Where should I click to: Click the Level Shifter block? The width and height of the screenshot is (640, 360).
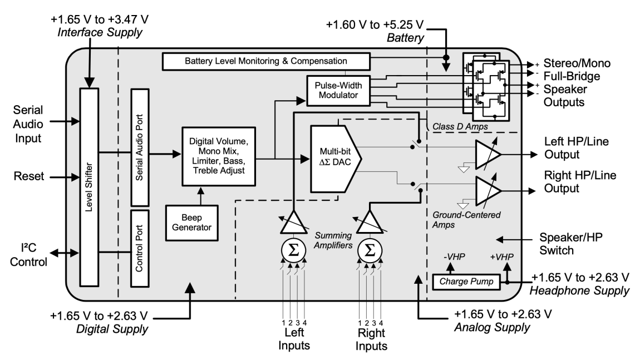point(88,179)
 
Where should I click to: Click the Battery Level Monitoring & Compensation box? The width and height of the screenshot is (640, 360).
point(266,60)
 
